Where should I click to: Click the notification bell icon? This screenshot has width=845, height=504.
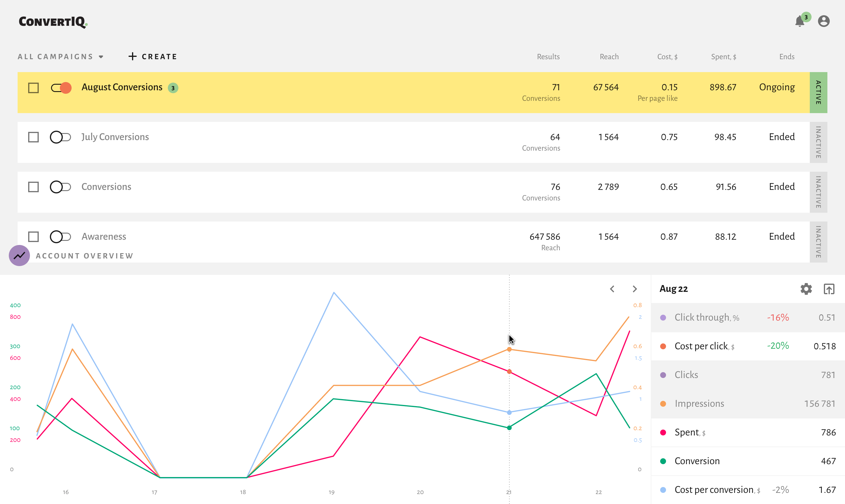pyautogui.click(x=800, y=21)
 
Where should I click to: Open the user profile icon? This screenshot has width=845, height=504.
pyautogui.click(x=824, y=21)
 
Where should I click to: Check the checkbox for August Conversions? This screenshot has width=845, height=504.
pyautogui.click(x=33, y=88)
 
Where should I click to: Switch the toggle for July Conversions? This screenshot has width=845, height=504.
pyautogui.click(x=60, y=137)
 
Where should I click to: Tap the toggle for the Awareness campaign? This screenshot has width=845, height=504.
pyautogui.click(x=60, y=237)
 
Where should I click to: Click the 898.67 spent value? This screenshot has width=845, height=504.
pyautogui.click(x=723, y=87)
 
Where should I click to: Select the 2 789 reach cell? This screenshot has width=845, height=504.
pyautogui.click(x=608, y=187)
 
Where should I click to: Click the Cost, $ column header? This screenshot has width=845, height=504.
pyautogui.click(x=667, y=57)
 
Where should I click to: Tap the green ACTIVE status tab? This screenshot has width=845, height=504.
pyautogui.click(x=818, y=92)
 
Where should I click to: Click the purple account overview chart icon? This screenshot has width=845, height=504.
pyautogui.click(x=19, y=256)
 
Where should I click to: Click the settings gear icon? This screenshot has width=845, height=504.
pyautogui.click(x=806, y=289)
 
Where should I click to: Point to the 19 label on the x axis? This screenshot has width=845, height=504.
pyautogui.click(x=332, y=492)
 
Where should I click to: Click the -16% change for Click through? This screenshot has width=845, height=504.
pyautogui.click(x=778, y=318)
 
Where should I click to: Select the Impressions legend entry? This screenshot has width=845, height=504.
pyautogui.click(x=699, y=403)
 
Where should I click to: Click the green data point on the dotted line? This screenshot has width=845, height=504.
pyautogui.click(x=509, y=428)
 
